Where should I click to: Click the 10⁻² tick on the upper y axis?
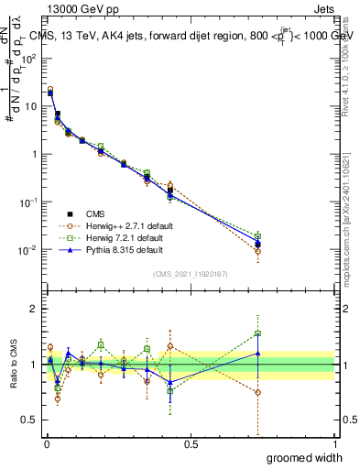pos(32,249)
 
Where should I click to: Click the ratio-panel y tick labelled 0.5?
pos(32,420)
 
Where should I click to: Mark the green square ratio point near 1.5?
pos(258,334)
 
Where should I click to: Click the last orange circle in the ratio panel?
pos(258,392)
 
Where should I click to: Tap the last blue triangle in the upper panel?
pos(258,242)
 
